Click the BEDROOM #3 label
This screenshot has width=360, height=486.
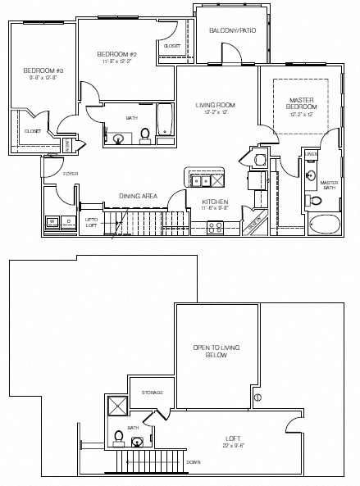click(x=38, y=70)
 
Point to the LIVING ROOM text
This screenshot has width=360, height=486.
click(x=215, y=106)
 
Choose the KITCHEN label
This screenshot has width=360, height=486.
click(x=215, y=201)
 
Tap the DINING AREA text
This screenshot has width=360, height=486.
click(x=139, y=196)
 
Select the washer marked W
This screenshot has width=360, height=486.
click(x=51, y=221)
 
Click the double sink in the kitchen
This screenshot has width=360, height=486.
click(x=198, y=178)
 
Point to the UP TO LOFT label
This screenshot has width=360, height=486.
click(x=90, y=222)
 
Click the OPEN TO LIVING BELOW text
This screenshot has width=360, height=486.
click(x=216, y=352)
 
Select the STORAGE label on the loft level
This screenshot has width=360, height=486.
click(x=153, y=393)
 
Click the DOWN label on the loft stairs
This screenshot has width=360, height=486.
click(x=194, y=462)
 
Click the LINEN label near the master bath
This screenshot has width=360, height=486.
click(x=311, y=153)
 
